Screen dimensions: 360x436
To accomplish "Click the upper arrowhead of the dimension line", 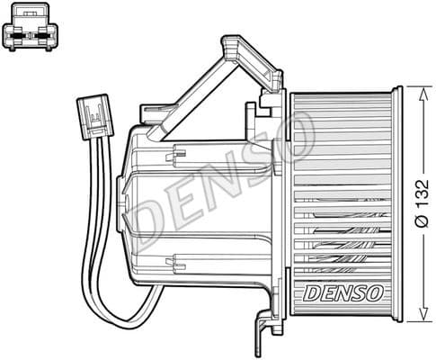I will click(413, 90).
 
